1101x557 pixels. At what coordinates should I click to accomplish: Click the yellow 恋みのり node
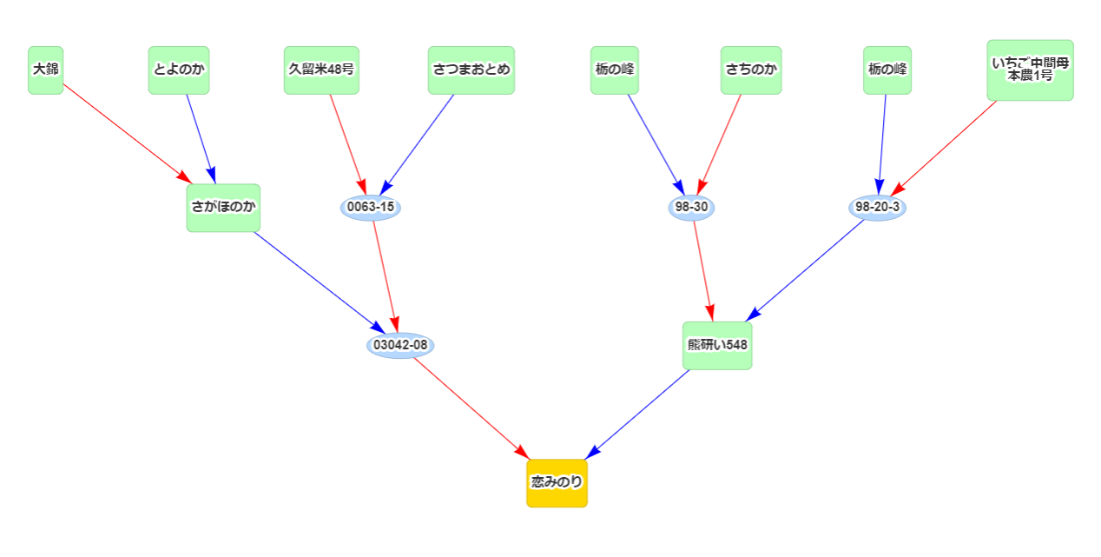point(557,482)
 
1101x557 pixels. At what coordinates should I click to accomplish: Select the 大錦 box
point(46,70)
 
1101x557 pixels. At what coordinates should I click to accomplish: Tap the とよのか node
point(179,70)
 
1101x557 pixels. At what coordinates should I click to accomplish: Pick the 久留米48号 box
point(321,70)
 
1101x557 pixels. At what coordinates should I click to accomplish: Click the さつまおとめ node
point(471,70)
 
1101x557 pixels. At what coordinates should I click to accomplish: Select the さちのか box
point(751,70)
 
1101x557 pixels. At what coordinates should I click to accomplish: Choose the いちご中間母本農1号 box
point(1030,70)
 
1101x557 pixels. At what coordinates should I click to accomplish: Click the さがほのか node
point(223,208)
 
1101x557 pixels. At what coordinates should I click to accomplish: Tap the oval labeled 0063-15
point(371,208)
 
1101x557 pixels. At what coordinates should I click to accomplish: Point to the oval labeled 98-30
point(692,208)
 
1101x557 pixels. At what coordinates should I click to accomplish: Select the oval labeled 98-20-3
point(877,208)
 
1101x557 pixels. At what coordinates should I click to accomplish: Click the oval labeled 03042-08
point(400,345)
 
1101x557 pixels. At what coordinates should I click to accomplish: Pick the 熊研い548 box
point(717,345)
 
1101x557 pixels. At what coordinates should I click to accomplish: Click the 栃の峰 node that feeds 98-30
point(615,70)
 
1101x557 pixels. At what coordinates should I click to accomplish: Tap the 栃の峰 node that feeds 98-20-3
point(887,70)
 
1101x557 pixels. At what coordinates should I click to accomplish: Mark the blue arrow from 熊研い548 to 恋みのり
point(640,413)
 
